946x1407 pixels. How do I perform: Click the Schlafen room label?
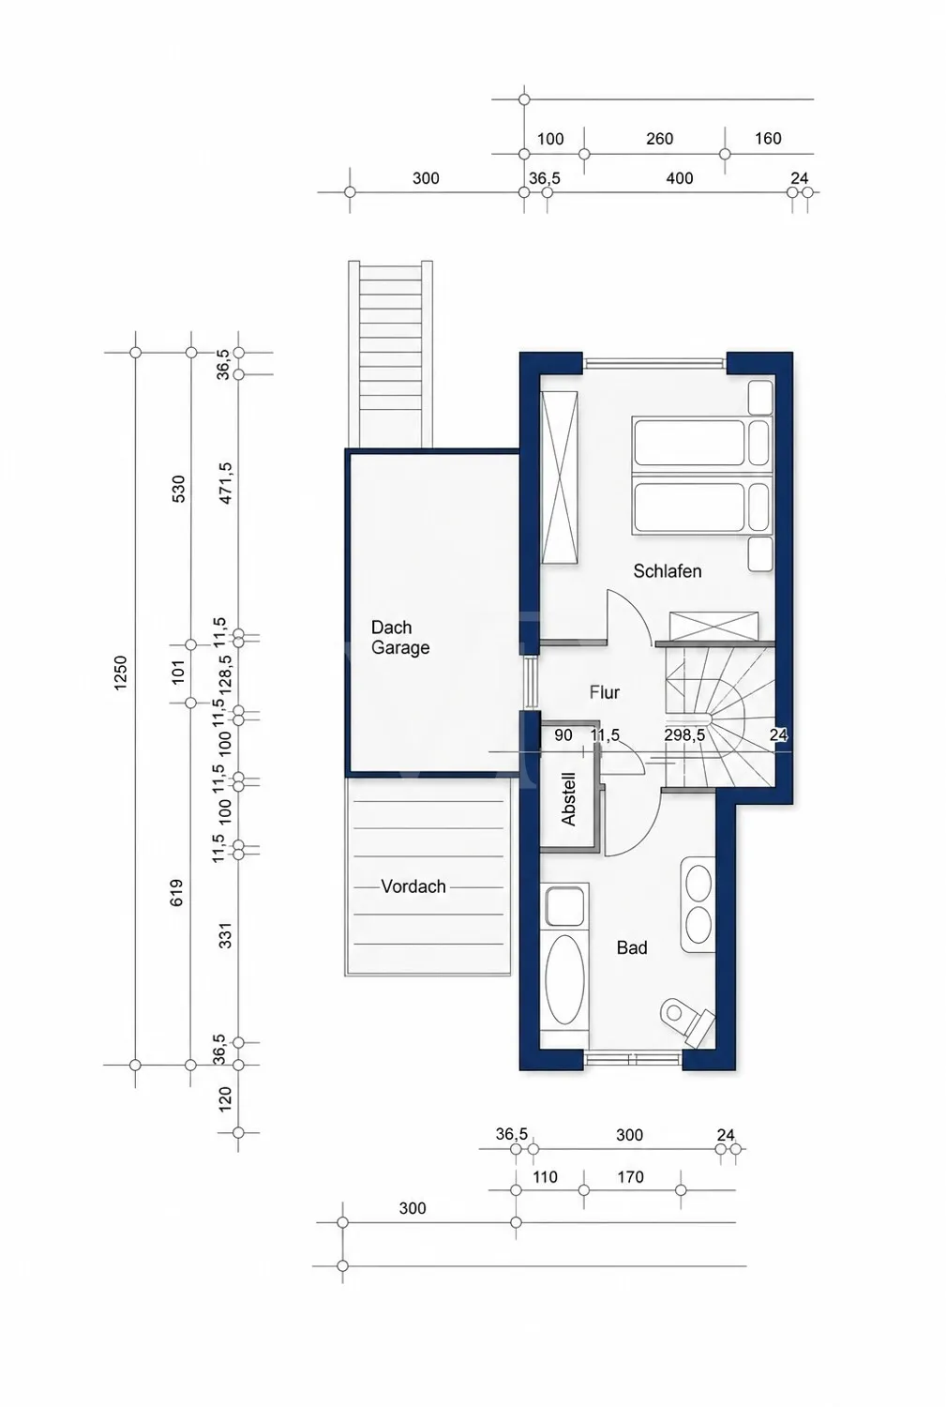(x=667, y=571)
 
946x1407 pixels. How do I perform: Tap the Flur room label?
(x=605, y=692)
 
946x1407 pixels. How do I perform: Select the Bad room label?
(x=632, y=947)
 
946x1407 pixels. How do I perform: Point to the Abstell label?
(x=568, y=799)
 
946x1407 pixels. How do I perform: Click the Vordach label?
(x=413, y=886)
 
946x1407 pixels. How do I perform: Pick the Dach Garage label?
(x=399, y=638)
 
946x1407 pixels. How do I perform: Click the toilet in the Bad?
(x=686, y=1021)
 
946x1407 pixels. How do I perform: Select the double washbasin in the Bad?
(x=698, y=904)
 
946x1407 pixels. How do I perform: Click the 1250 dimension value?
(x=120, y=673)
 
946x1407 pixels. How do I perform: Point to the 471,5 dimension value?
(x=225, y=483)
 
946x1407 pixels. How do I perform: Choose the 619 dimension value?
(x=176, y=892)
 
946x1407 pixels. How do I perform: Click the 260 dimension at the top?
(x=659, y=138)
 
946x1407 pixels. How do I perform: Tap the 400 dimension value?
(x=679, y=178)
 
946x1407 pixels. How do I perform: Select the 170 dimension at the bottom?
(x=630, y=1176)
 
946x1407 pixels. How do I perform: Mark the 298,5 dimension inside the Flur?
(x=684, y=734)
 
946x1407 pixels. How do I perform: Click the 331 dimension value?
(x=226, y=934)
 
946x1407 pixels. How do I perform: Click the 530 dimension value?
(x=178, y=489)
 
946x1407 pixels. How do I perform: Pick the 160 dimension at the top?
(x=768, y=138)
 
